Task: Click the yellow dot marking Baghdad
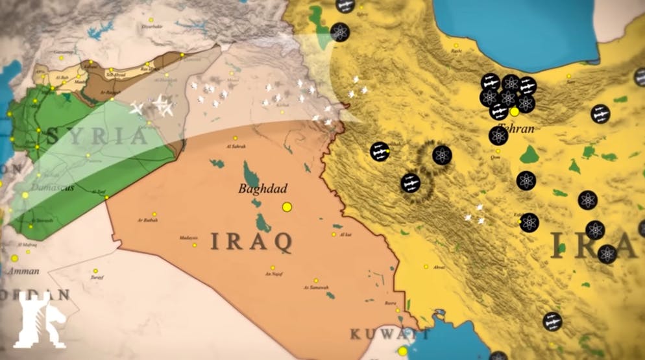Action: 287,207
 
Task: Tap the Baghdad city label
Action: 262,189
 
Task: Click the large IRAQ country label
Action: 250,241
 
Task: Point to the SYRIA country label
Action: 97,136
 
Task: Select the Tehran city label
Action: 517,128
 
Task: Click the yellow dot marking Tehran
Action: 515,112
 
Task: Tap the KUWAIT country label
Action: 389,334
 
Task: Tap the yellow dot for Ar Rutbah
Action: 154,214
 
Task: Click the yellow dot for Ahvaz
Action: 426,267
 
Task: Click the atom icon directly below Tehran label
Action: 498,136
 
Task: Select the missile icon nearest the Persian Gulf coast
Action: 552,321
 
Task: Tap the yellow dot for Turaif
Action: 95,270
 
